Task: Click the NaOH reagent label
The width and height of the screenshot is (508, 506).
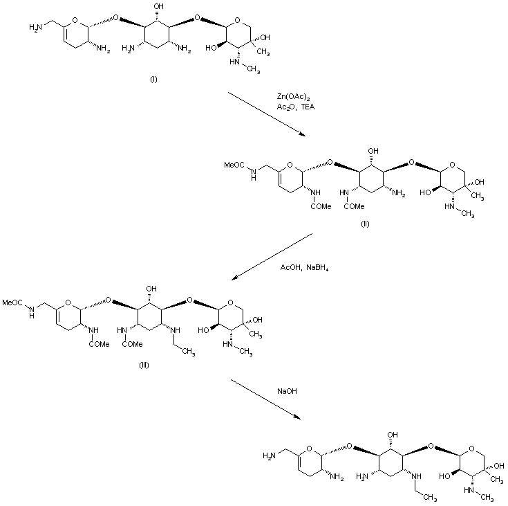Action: click(287, 392)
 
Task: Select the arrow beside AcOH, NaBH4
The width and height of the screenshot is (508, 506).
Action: click(272, 257)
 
